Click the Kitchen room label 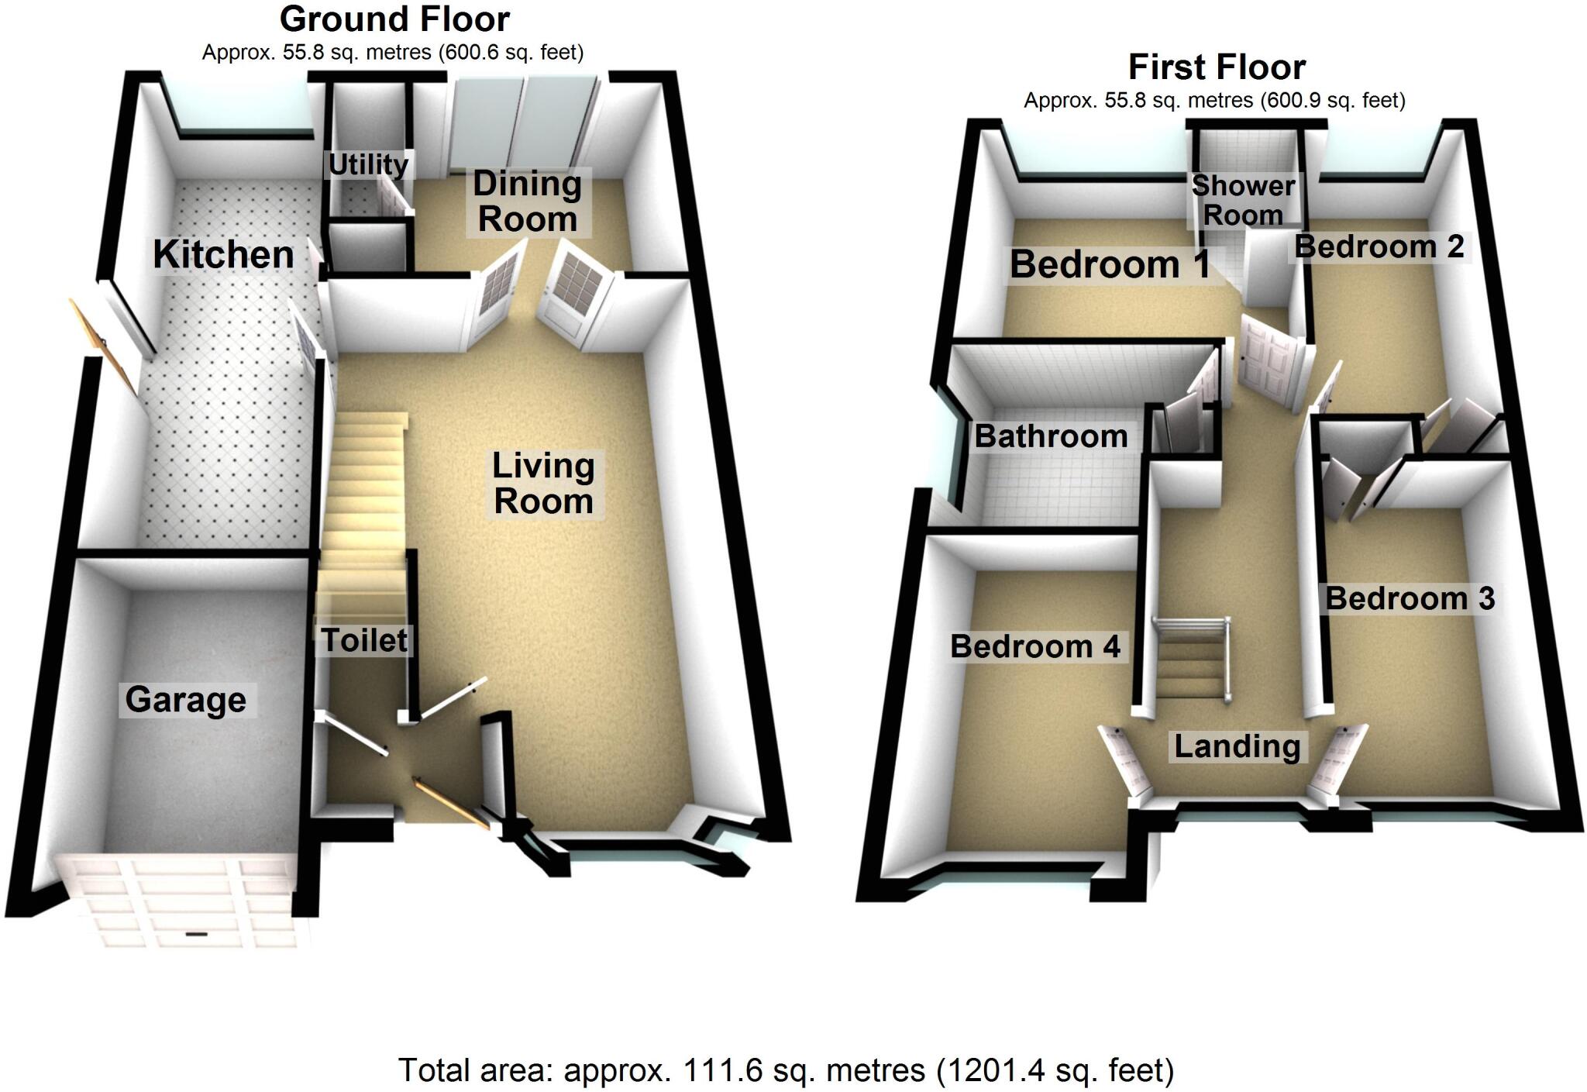pos(223,255)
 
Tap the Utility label pos(368,164)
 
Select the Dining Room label pos(528,202)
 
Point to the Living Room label pos(543,484)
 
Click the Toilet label pos(364,640)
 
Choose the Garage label pos(186,700)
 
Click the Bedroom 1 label pos(1110,265)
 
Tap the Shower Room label pos(1243,200)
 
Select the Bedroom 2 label pos(1379,246)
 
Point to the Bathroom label pos(1051,436)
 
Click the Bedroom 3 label pos(1410,598)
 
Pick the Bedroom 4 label pos(1035,646)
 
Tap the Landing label pos(1237,746)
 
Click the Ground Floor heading pos(394,19)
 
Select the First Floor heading pos(1217,67)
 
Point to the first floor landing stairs pos(1189,663)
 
